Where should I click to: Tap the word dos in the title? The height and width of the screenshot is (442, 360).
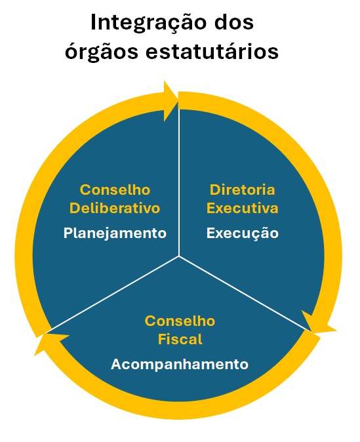coord(234,22)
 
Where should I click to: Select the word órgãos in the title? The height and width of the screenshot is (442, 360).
coord(102,52)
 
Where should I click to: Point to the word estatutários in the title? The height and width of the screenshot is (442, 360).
coord(212,51)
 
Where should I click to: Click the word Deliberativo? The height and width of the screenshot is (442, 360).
coord(115,209)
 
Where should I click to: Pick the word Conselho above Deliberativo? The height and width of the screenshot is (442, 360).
coord(115,190)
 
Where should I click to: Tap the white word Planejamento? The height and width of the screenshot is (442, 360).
coord(115,233)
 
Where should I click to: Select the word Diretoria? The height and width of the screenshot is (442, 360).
coord(242,190)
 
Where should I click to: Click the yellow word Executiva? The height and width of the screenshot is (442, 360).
coord(242,209)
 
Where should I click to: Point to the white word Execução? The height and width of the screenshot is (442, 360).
coord(243,233)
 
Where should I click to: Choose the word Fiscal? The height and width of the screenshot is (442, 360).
coord(180,339)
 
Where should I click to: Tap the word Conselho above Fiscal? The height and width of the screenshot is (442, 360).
coord(180,321)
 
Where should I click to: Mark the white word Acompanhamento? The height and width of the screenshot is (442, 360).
coord(180,365)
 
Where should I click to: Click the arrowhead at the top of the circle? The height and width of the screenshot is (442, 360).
coord(170,101)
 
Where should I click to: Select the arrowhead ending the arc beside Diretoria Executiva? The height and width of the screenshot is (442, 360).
coord(317,323)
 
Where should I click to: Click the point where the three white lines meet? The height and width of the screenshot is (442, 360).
coord(179,256)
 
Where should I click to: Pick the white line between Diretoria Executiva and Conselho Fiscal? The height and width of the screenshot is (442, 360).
coord(245,294)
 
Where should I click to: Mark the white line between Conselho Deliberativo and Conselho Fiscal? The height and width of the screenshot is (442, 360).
coord(113,294)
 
